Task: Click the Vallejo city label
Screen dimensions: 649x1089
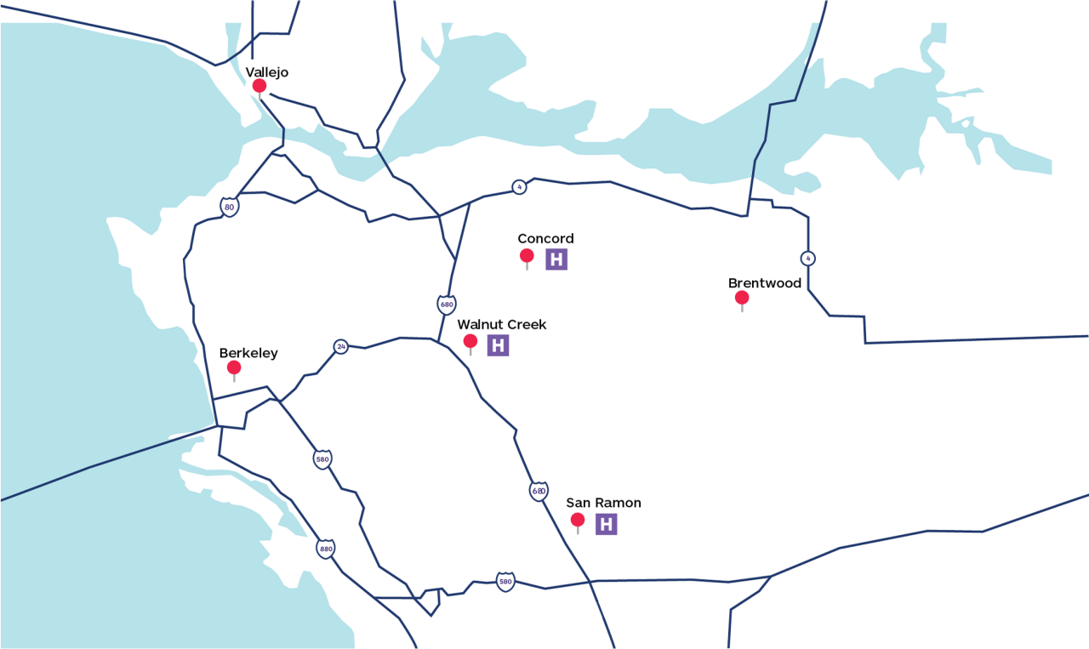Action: (x=266, y=72)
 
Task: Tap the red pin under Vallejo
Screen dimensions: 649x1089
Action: (x=259, y=86)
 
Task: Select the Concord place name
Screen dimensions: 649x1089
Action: (x=545, y=239)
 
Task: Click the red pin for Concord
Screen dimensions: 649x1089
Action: (x=527, y=255)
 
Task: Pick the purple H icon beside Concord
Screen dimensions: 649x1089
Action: (x=556, y=259)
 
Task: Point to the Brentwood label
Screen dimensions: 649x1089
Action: (x=764, y=283)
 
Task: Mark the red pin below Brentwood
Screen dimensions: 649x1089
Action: (x=742, y=298)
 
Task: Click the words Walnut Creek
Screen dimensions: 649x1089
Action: (x=501, y=325)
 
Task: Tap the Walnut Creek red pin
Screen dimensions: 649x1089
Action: (x=470, y=341)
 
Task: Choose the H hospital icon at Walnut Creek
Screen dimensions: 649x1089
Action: (x=498, y=345)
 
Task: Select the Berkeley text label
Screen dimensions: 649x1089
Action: (x=248, y=353)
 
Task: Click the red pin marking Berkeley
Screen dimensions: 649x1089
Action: (x=234, y=367)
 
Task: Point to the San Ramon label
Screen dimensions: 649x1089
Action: (x=603, y=504)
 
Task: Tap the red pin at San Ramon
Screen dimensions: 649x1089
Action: (x=578, y=520)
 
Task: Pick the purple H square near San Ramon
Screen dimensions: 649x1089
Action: (x=606, y=524)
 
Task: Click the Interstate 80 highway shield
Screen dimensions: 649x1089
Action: (x=229, y=207)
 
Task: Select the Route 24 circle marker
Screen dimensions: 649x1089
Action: (x=341, y=347)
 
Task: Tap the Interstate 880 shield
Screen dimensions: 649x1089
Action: (x=326, y=549)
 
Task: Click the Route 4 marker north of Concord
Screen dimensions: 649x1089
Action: (x=519, y=187)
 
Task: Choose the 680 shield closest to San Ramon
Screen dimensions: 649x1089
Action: (x=539, y=491)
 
